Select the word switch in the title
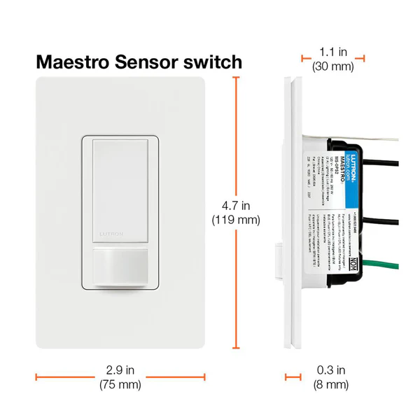point(214,62)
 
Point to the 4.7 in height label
point(235,206)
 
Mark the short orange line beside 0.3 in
point(292,378)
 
